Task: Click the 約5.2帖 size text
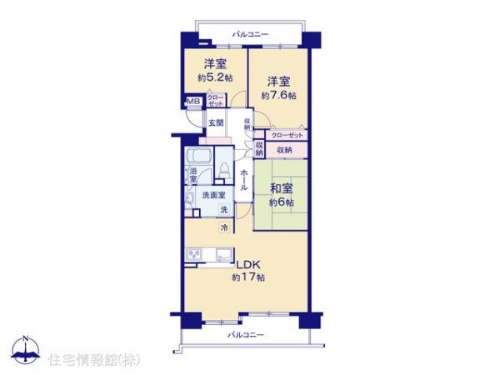pos(215,77)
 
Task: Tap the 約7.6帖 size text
pos(279,95)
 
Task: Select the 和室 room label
pos(279,188)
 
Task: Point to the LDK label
pos(247,265)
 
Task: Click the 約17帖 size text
pos(247,277)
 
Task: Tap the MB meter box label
pos(192,102)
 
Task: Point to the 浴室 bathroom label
pos(192,175)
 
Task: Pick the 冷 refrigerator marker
pos(224,227)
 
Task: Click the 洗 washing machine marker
pos(223,208)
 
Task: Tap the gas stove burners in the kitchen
pos(192,254)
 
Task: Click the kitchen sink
pos(223,254)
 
